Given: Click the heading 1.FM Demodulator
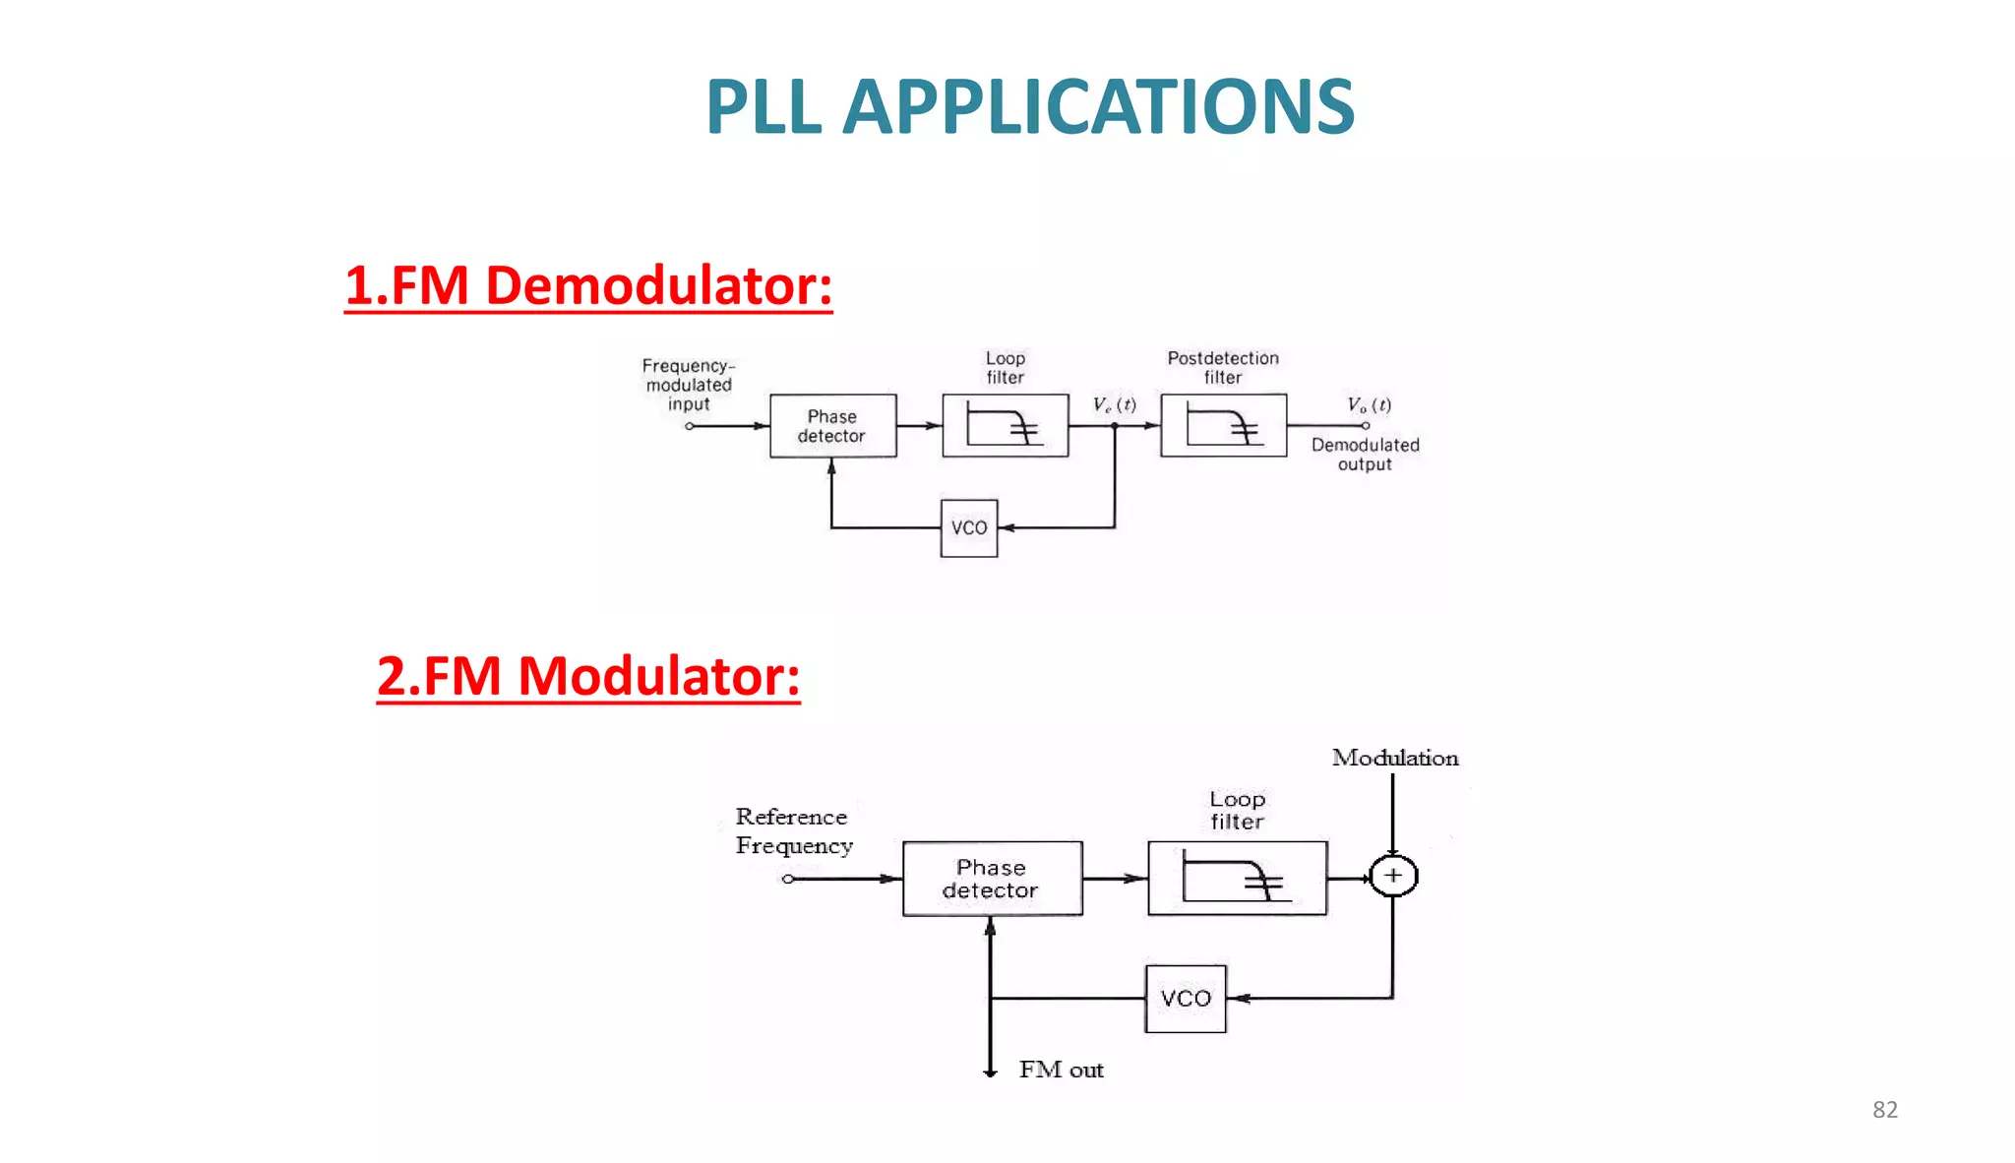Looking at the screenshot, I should pos(588,286).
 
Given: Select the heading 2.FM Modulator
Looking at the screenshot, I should pos(588,677).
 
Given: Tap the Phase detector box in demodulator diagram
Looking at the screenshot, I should pos(832,426).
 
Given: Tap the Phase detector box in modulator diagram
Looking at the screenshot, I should pos(992,879).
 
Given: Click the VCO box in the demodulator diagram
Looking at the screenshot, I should pos(969,528).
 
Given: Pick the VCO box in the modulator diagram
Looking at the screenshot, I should pos(1186,999).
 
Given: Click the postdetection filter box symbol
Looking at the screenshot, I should pos(1223,426).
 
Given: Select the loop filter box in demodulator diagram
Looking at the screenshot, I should pos(1005,426).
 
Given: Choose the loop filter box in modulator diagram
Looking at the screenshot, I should pos(1237,879).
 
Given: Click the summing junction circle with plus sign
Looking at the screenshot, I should pos(1393,876).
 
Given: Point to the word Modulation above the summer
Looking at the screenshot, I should pos(1395,758).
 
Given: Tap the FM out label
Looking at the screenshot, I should pos(1061,1070).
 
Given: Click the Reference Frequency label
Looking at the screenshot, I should pos(793,831).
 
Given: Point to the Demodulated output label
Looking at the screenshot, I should pos(1365,455).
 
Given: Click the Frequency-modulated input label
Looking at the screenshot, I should pos(689,385).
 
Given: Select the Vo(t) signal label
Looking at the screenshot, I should pos(1369,404).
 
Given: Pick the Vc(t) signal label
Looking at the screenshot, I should pos(1114,404).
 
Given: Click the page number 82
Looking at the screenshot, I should pos(1884,1110).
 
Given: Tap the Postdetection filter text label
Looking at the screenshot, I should pos(1223,367).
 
